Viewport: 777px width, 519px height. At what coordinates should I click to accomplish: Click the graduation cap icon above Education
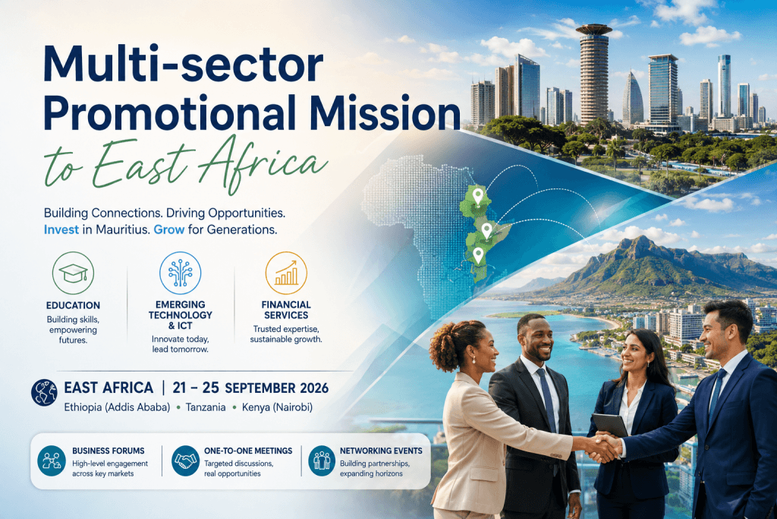click(x=73, y=273)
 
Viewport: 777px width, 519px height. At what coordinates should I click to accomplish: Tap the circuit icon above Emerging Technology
click(x=181, y=273)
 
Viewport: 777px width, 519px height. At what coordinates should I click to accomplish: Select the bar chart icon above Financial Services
click(x=286, y=273)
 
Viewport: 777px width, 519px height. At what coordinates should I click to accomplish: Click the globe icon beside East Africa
click(x=44, y=392)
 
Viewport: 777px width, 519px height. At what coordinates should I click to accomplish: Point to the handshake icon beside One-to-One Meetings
click(x=186, y=460)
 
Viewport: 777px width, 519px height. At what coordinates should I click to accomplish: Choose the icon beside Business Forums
click(x=52, y=460)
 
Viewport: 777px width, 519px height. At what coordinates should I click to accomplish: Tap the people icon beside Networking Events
click(x=322, y=460)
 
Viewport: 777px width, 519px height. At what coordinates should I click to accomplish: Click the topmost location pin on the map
click(x=478, y=197)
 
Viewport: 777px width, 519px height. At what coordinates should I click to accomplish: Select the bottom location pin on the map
click(x=478, y=255)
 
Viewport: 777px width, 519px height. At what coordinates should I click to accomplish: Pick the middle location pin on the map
click(x=487, y=231)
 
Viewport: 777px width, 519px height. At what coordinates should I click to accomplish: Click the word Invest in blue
click(x=61, y=229)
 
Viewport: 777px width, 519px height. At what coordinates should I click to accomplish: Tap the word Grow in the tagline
click(x=169, y=229)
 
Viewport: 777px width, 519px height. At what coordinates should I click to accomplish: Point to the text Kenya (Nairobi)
click(x=278, y=407)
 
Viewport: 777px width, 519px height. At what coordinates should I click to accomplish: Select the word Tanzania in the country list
click(x=206, y=407)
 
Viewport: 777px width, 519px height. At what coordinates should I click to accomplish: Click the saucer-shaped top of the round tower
click(x=593, y=30)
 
